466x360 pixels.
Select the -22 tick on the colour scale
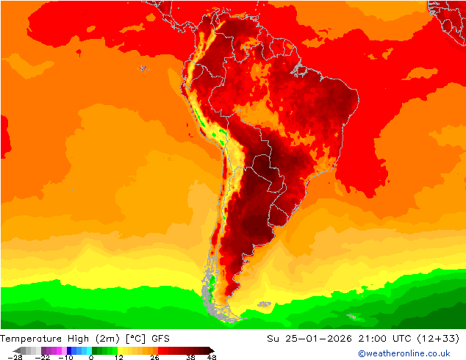(x=43, y=357)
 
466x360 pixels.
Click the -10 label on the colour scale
(x=65, y=357)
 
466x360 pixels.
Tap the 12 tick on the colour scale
(x=118, y=357)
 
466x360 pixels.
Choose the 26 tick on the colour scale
(x=154, y=357)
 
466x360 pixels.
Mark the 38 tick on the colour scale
(x=190, y=357)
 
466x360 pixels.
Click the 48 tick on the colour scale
(x=212, y=357)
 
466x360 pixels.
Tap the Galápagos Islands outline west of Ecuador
(x=141, y=68)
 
